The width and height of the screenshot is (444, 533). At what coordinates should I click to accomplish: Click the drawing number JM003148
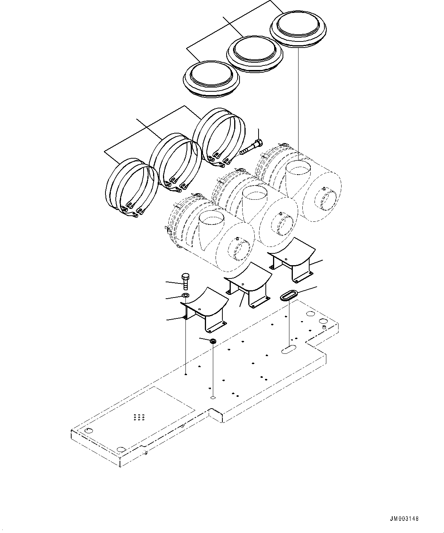point(404,519)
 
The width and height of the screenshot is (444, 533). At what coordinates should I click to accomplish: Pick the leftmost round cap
point(212,77)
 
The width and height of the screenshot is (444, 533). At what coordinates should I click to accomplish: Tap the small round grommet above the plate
point(213,341)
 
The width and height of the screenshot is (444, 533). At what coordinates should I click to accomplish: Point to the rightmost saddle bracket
point(292,259)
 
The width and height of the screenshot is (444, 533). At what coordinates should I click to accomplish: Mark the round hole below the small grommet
point(213,398)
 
